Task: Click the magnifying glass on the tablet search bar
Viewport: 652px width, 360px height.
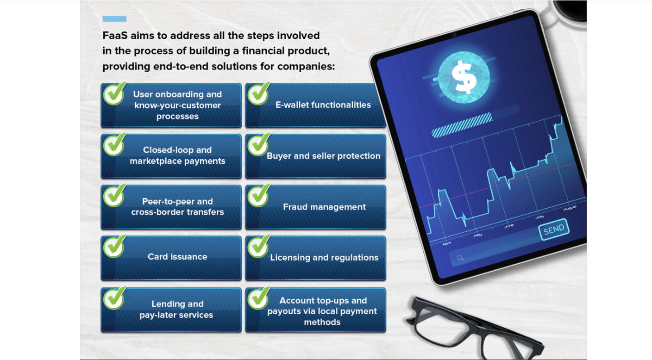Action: [x=460, y=258]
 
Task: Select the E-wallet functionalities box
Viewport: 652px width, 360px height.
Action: [x=323, y=105]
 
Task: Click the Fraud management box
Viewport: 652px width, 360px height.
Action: [x=324, y=207]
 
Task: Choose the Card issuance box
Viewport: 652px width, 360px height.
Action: [x=177, y=257]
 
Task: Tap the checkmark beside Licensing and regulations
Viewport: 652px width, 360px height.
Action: [x=259, y=246]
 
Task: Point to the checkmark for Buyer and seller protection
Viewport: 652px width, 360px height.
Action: [x=259, y=144]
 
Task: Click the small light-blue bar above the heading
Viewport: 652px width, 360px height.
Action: [x=114, y=19]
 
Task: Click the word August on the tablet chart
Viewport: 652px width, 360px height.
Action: [x=570, y=208]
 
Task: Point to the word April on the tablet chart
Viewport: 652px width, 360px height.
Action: [x=447, y=243]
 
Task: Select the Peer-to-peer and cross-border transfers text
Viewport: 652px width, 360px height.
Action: [x=177, y=207]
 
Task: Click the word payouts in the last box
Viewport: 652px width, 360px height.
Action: [x=283, y=311]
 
